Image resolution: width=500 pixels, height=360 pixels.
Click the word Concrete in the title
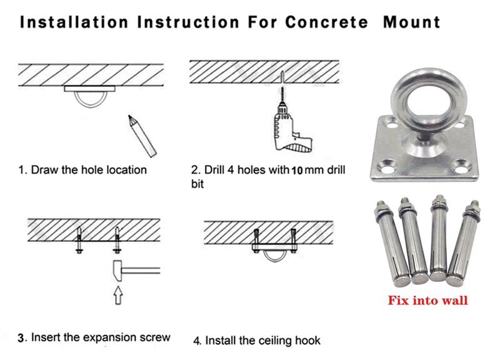[x=326, y=22]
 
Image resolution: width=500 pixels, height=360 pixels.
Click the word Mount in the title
[x=411, y=22]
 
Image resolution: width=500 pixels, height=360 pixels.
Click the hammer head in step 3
[x=118, y=270]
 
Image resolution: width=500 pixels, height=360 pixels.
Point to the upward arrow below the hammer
[x=117, y=297]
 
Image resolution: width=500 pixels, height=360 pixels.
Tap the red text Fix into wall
[x=427, y=301]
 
